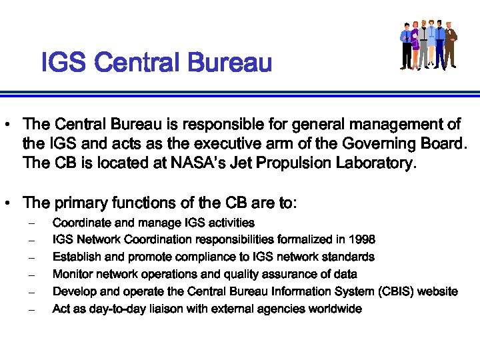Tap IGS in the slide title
coord(64,63)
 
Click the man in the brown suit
coord(451,44)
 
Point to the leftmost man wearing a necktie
coord(406,45)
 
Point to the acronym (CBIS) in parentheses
coord(391,291)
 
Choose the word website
coord(436,291)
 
